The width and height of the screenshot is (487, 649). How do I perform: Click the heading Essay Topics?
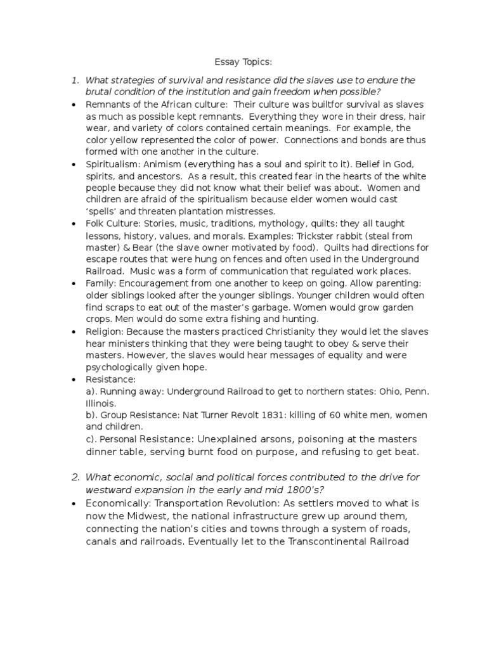(x=243, y=62)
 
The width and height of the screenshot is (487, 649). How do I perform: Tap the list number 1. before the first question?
(x=75, y=80)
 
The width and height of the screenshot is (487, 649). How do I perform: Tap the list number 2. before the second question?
(x=75, y=477)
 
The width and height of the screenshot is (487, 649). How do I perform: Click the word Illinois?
(x=101, y=403)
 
